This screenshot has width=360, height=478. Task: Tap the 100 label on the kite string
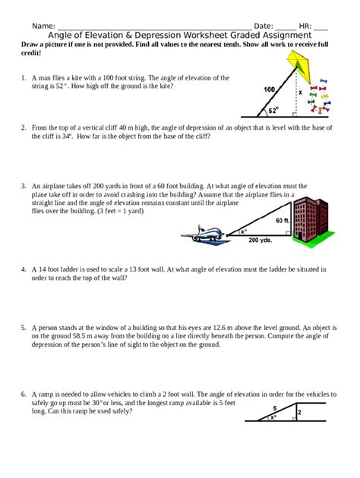click(270, 90)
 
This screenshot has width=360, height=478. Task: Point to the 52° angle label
click(273, 110)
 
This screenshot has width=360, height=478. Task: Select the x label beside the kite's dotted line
click(300, 92)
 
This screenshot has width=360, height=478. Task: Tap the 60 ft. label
click(283, 220)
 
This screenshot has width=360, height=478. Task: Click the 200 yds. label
click(260, 240)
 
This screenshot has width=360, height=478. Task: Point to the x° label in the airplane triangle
click(244, 231)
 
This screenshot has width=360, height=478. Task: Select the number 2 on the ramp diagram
click(299, 413)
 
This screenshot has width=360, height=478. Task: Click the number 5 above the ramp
click(275, 408)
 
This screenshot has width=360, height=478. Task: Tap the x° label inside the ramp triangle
click(273, 417)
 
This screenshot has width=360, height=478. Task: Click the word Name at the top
click(43, 26)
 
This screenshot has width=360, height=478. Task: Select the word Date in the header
click(264, 26)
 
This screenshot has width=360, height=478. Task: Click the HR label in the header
click(305, 26)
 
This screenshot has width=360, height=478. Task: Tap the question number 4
click(24, 269)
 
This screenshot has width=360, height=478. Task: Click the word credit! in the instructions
click(30, 52)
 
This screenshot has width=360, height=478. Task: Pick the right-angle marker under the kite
click(294, 115)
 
